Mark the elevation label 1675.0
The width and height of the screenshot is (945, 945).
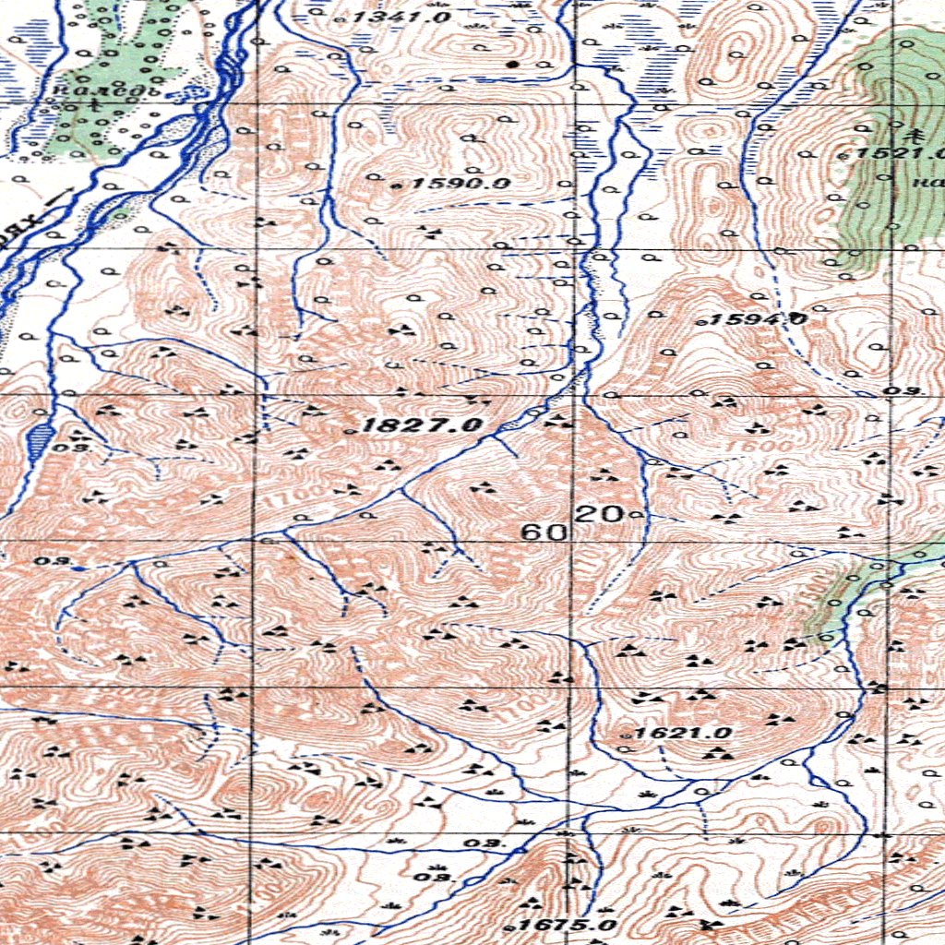(566, 926)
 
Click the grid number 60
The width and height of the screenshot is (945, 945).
(544, 532)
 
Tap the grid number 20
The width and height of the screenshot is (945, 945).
(600, 514)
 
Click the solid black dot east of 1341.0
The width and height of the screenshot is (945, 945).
(513, 65)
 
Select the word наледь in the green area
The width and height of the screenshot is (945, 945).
(108, 90)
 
